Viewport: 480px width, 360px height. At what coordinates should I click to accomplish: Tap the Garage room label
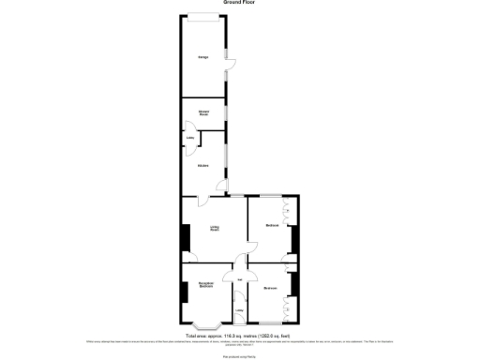pos(202,58)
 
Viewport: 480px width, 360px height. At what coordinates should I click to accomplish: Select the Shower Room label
pos(202,113)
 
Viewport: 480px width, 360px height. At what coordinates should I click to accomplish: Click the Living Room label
pos(215,227)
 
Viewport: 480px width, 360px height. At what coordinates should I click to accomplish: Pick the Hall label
pos(240,278)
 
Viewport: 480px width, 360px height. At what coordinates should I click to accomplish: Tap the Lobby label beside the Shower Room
pos(190,141)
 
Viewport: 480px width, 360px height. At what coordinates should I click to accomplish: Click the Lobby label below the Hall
pos(239,311)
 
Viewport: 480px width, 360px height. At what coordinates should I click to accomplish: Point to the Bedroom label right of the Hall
pos(271,287)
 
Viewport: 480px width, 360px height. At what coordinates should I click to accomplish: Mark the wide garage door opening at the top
pos(202,14)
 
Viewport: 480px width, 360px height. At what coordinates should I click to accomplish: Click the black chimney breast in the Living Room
pos(184,239)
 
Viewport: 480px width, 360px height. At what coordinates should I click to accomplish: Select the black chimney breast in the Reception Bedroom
pos(184,292)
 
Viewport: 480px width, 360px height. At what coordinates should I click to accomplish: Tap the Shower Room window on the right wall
pos(226,114)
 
